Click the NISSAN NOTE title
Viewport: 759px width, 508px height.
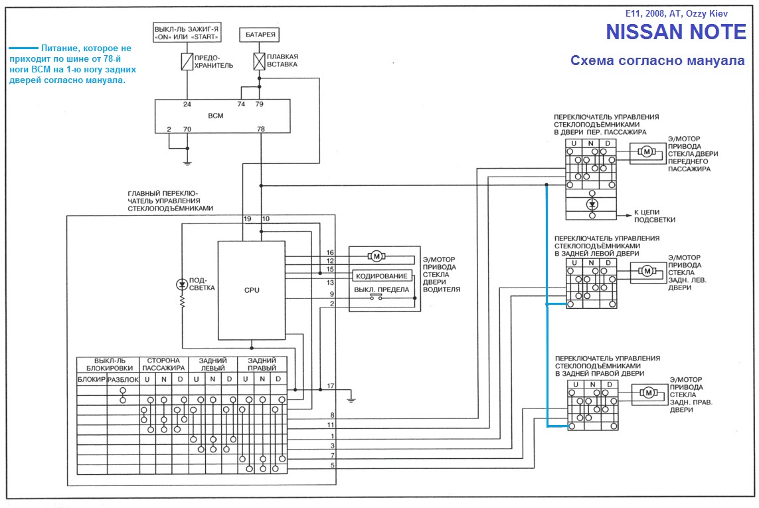(x=675, y=32)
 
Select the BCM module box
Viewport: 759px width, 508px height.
(x=222, y=116)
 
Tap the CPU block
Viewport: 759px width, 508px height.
(x=252, y=290)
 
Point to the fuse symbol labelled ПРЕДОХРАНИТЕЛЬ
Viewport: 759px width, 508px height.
(x=187, y=62)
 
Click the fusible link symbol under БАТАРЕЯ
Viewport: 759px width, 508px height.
(x=259, y=62)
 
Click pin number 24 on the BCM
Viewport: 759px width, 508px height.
(x=187, y=105)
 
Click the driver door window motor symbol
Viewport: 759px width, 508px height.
(x=376, y=256)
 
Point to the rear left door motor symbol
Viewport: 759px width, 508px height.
(x=646, y=270)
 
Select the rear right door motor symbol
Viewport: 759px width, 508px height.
(x=646, y=392)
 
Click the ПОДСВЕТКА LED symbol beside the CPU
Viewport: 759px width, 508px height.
(x=182, y=284)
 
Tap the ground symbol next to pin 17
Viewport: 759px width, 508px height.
(x=351, y=398)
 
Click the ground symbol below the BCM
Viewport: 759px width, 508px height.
(x=187, y=161)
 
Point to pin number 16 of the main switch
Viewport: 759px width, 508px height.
(x=330, y=253)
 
